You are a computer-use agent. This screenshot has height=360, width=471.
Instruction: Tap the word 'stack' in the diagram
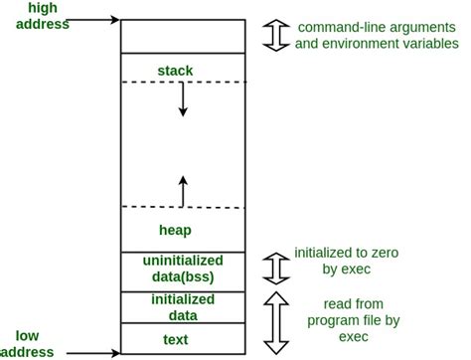175,71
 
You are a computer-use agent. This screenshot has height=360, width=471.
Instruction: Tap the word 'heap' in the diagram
175,230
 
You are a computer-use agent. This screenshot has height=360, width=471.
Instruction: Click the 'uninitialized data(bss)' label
182,269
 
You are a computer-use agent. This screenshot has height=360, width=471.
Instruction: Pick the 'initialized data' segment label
182,306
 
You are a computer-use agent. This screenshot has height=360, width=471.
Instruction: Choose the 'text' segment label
182,338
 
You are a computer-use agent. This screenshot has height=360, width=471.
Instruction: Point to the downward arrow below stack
183,100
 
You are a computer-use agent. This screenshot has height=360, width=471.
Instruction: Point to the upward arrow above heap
183,190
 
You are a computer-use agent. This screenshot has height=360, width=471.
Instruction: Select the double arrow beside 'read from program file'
273,321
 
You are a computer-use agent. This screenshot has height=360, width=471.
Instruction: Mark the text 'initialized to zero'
347,254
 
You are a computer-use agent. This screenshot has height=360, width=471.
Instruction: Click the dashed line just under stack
182,82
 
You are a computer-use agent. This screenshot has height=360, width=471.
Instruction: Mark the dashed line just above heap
182,208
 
